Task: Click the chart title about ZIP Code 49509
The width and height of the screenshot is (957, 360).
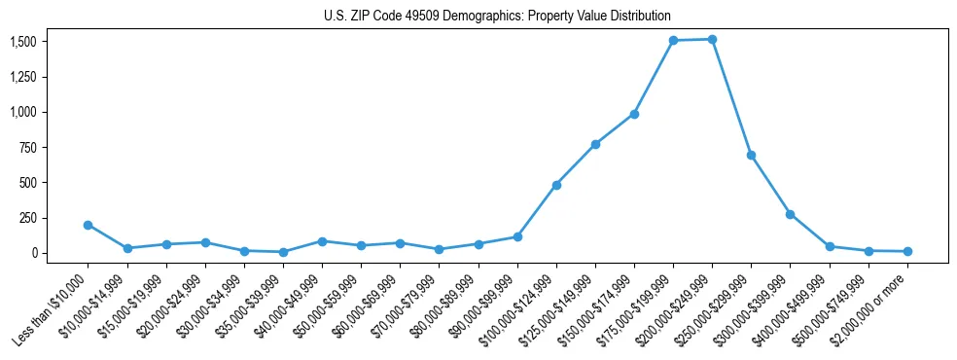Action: coord(497,17)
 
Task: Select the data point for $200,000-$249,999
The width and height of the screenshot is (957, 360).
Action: coord(712,40)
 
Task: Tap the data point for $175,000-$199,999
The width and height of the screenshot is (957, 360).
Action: coord(673,41)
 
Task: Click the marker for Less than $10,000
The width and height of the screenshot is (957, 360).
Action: coord(88,225)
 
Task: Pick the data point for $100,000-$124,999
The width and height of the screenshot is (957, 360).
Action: coord(556,185)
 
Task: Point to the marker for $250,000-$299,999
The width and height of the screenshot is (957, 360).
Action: coord(751,155)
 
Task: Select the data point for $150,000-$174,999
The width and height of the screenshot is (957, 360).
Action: coord(634,114)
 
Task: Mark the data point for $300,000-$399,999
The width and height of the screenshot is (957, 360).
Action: coord(790,214)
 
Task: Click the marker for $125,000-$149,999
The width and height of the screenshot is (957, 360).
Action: coord(595,144)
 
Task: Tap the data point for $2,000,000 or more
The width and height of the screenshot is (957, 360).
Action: coord(907,251)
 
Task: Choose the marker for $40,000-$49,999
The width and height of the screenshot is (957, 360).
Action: coord(322,241)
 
